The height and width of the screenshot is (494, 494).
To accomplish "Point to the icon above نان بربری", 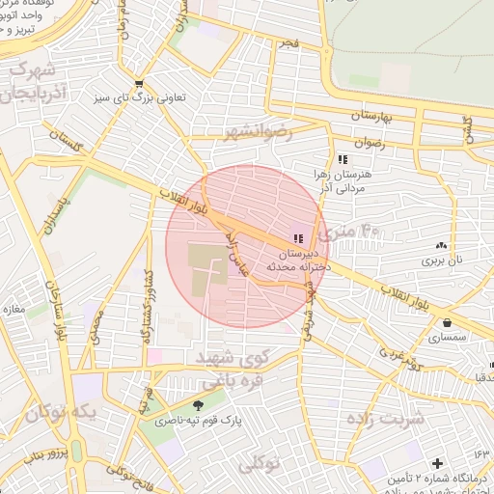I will click(441, 247).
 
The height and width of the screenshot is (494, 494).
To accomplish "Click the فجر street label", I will click(289, 46).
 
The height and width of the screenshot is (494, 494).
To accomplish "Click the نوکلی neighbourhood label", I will click(258, 464).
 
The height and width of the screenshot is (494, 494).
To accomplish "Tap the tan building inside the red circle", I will click(206, 265).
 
